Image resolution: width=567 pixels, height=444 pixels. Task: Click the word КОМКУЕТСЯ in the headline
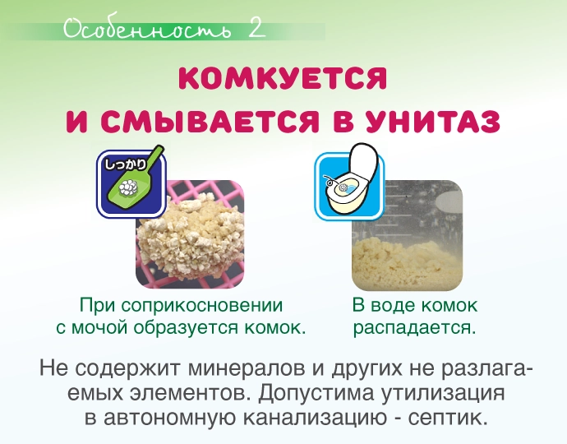(x=283, y=78)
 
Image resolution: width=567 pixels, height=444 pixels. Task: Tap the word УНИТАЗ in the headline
(x=432, y=121)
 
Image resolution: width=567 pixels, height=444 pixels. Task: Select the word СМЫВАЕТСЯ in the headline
(x=210, y=121)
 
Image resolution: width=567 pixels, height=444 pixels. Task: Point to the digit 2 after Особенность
(x=256, y=28)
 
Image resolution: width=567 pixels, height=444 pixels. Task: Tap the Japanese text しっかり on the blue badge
(x=125, y=164)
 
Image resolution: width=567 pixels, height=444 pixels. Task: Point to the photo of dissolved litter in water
(x=407, y=235)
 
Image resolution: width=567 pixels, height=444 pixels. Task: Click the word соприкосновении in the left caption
(x=202, y=305)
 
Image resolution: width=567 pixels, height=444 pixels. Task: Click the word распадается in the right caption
(x=414, y=328)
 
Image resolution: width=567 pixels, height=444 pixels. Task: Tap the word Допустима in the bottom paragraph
(x=316, y=393)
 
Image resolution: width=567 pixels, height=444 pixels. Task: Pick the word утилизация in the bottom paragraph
(x=441, y=393)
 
